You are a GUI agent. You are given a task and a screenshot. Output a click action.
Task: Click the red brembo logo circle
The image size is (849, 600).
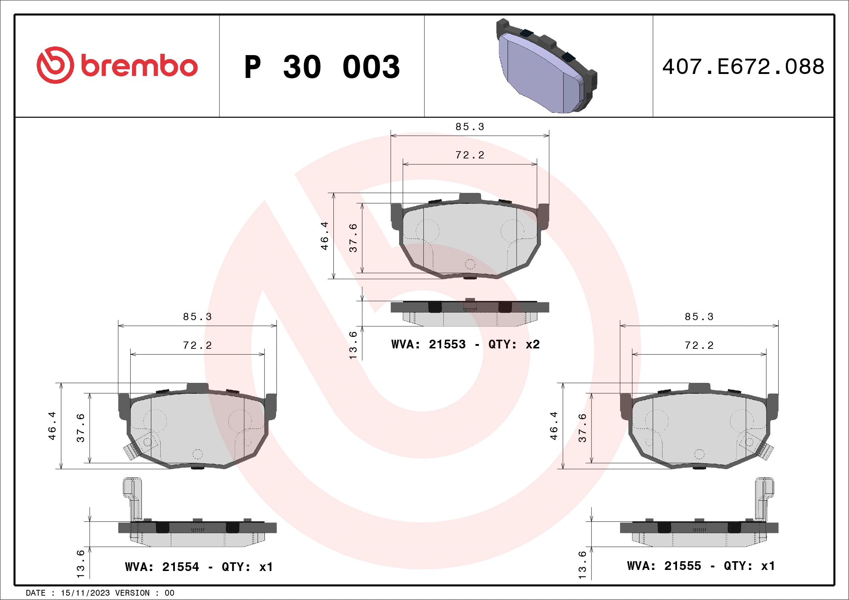(55, 65)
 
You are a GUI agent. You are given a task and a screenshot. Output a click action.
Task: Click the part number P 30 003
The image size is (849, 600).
(322, 67)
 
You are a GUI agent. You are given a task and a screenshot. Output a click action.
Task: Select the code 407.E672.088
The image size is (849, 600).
(743, 67)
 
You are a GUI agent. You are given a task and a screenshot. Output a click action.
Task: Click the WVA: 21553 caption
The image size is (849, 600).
(428, 344)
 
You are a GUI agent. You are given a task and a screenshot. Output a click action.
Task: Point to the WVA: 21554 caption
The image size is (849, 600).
(162, 567)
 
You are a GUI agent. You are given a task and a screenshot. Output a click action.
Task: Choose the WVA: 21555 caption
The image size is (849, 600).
(664, 566)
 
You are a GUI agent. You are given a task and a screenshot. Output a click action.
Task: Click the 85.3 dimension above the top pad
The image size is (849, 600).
(469, 127)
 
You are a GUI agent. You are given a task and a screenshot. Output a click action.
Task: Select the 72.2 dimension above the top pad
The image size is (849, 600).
(469, 155)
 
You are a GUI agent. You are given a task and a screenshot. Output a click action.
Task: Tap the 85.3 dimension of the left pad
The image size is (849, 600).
(197, 316)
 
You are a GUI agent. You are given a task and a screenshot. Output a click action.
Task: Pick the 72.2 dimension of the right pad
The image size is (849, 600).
(699, 345)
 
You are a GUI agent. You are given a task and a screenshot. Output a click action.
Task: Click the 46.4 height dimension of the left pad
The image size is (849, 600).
(52, 426)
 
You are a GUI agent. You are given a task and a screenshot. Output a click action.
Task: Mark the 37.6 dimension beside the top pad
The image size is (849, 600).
(353, 237)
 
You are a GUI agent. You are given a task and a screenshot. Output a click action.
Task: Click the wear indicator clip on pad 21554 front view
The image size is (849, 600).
(130, 451)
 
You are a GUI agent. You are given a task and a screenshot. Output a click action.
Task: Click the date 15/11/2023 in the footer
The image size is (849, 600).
(85, 593)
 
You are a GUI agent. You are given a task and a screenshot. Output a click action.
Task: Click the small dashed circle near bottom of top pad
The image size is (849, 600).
(469, 264)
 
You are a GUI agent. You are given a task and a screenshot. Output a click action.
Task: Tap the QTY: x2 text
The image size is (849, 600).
(514, 344)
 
